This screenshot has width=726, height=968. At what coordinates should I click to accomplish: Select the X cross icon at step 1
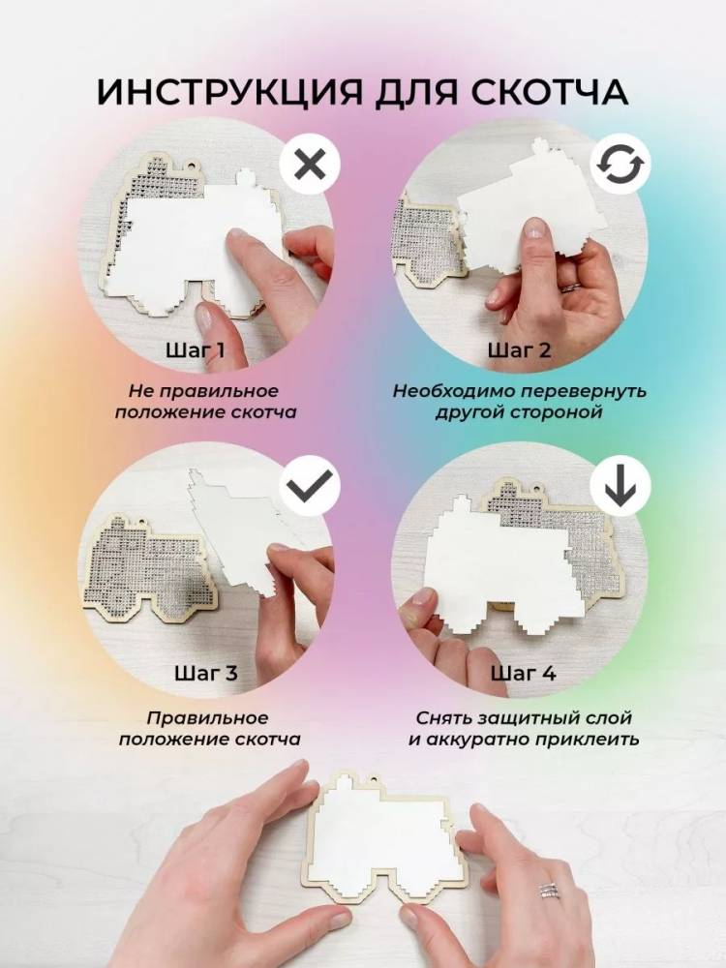[310, 166]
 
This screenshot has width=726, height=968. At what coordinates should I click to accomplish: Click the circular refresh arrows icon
[620, 166]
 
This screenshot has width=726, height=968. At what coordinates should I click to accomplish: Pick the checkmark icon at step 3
[310, 486]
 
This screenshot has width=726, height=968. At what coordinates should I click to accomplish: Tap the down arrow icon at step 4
[620, 486]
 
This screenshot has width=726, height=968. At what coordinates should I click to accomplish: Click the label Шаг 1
[196, 350]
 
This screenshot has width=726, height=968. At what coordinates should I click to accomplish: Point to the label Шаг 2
[519, 350]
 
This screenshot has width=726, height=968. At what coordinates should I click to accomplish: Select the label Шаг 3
[205, 673]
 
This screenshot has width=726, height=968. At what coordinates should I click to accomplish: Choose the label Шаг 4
[523, 673]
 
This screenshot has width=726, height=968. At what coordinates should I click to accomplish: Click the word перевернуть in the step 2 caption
[577, 391]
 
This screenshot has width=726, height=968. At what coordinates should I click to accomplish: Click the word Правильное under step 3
[207, 718]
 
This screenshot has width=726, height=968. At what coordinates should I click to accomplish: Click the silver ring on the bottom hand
[549, 891]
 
